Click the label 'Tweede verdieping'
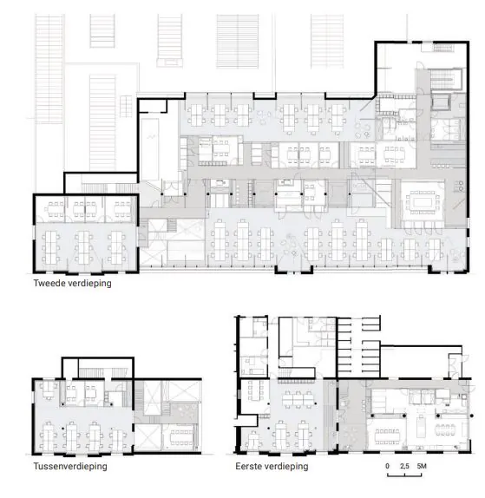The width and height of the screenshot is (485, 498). [72, 283]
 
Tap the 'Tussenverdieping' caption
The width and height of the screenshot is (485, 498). [70, 466]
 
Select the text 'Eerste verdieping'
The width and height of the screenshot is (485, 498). [272, 466]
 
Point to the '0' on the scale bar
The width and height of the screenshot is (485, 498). [387, 466]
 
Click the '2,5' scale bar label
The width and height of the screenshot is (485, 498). [404, 466]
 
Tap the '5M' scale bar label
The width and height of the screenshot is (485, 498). [422, 466]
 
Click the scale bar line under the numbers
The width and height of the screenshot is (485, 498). [404, 475]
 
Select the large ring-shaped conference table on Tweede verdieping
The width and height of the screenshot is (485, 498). [422, 202]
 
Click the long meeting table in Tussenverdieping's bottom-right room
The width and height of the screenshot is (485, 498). [182, 436]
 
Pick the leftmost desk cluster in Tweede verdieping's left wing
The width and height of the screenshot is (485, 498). [51, 246]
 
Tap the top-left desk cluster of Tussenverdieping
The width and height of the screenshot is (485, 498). [48, 390]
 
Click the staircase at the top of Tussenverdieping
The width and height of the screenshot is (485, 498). [103, 373]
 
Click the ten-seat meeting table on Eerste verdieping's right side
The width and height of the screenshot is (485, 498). [387, 436]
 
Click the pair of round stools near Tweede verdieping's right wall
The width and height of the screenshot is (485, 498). [461, 186]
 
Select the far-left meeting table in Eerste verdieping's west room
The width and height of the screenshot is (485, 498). [255, 390]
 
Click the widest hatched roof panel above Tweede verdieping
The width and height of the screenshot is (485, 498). [237, 42]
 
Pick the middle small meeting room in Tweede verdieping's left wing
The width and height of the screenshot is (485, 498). [85, 210]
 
